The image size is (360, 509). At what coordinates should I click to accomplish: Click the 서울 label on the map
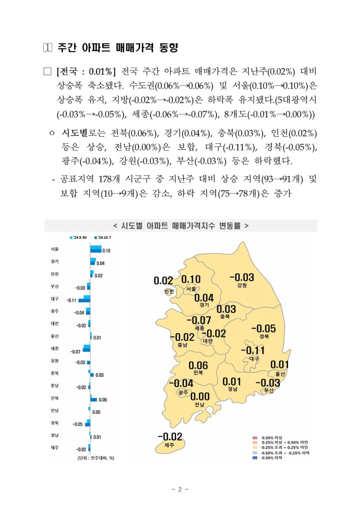191,289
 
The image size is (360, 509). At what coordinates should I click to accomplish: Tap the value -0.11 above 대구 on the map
253,351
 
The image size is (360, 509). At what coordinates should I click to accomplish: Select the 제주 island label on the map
169,445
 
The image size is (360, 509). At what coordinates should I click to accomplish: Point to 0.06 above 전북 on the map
198,366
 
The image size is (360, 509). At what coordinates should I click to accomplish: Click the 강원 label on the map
242,285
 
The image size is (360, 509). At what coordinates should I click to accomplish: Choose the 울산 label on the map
280,374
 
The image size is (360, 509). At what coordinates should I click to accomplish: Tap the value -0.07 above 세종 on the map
199,320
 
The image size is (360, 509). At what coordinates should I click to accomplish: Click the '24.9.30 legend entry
78,237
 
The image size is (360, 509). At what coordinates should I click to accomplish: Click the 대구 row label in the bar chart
55,299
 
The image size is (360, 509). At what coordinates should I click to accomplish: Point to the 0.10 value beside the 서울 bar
106,251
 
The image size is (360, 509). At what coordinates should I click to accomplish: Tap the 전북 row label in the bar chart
55,398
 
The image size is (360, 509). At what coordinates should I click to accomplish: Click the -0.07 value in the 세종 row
75,352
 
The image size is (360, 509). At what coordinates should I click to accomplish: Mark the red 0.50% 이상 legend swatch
255,438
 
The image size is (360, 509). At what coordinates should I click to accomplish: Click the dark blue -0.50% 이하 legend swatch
255,458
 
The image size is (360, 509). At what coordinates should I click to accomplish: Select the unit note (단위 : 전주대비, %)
96,458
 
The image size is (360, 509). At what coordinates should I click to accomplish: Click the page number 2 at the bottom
180,489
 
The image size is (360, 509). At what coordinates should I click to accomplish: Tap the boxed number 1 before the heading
48,48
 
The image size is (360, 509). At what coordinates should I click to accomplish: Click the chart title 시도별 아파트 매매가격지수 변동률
181,226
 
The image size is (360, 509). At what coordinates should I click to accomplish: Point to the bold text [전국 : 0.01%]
86,71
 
